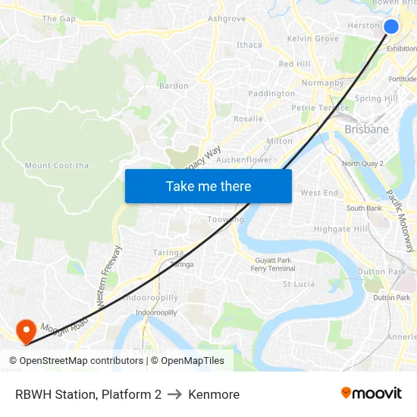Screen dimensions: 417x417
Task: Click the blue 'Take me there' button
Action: [208, 186]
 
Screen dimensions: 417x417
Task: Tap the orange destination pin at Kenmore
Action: [26, 330]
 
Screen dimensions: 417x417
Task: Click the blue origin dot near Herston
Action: [391, 27]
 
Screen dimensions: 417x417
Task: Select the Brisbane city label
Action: [366, 130]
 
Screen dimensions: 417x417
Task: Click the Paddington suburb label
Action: [271, 93]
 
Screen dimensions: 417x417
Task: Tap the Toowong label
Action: [226, 220]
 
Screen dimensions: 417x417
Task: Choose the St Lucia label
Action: [299, 284]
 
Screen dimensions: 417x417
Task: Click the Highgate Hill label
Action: [340, 229]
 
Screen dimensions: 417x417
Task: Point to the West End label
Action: [320, 193]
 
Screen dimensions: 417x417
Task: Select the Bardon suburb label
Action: [174, 86]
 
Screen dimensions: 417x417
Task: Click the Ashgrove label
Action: [227, 18]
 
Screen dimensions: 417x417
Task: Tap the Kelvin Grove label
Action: [313, 39]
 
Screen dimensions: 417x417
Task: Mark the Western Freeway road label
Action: [108, 275]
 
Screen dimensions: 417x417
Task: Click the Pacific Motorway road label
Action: [400, 221]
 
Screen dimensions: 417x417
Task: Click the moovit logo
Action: [372, 393]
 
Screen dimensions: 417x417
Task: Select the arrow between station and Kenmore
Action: [174, 394]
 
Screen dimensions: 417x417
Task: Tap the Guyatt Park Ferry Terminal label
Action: [273, 265]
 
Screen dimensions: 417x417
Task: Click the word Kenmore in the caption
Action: [214, 394]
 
